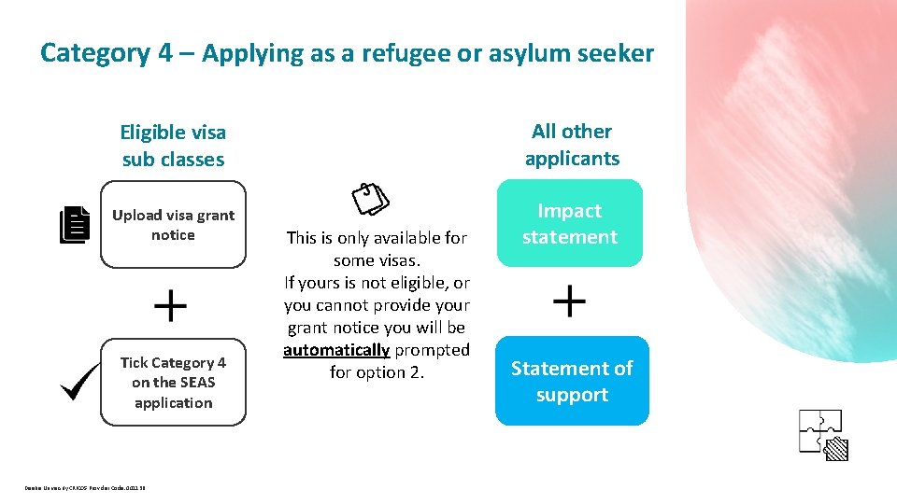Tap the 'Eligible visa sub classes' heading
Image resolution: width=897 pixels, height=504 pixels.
click(x=174, y=146)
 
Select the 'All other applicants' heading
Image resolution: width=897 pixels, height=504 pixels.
click(x=572, y=145)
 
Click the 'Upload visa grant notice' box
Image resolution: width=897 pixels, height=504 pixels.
click(x=173, y=225)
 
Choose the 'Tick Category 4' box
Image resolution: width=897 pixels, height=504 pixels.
click(x=173, y=383)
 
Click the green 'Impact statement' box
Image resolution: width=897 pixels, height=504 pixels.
click(x=570, y=224)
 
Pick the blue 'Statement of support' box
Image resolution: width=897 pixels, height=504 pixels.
click(x=572, y=381)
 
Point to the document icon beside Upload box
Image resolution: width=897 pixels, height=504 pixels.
click(x=75, y=226)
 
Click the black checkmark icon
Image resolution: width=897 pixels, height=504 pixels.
click(x=79, y=381)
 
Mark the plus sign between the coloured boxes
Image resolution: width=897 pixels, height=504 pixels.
click(x=570, y=301)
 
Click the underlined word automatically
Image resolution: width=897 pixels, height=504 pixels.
click(x=336, y=350)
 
